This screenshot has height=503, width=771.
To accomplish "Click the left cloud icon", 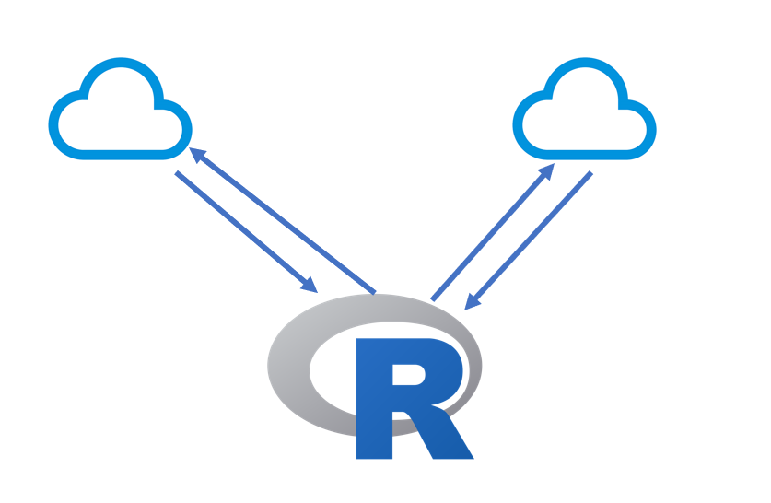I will [x=120, y=109].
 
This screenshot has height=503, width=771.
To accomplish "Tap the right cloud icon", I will [x=584, y=109].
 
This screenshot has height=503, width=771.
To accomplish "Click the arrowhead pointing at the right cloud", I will [x=548, y=170].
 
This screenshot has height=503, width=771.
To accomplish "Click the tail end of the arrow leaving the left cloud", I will [x=179, y=173].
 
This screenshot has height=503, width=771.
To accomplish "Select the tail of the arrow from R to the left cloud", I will [x=372, y=292].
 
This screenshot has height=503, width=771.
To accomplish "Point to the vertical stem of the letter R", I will [x=373, y=405].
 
